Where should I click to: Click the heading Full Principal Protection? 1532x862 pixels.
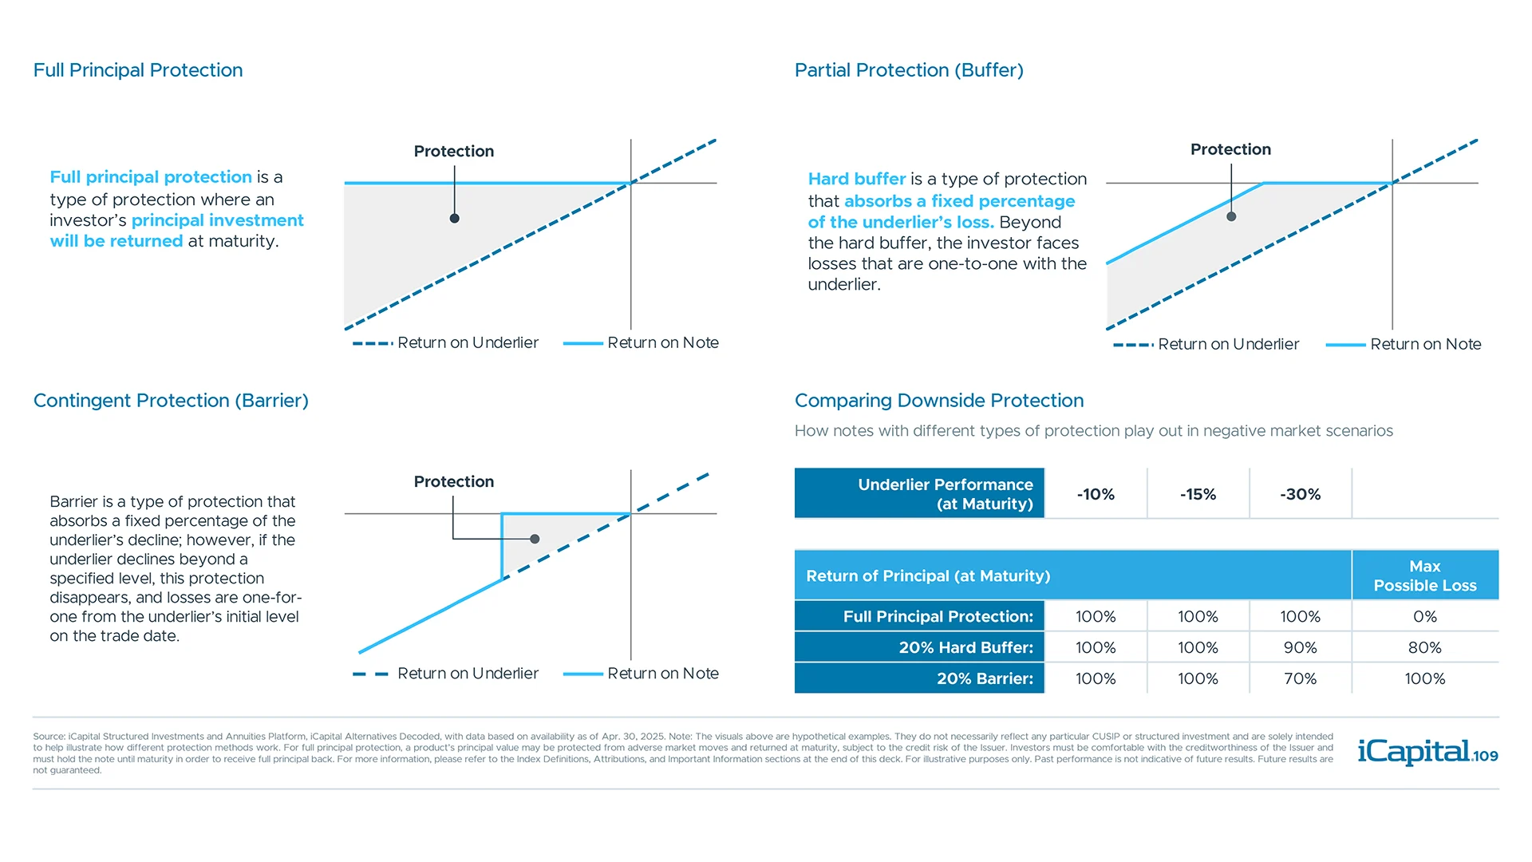click(138, 70)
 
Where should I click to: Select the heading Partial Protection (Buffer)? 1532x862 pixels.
click(909, 70)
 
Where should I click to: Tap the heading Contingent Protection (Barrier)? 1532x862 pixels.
click(171, 401)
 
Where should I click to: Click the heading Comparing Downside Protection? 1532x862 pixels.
click(939, 401)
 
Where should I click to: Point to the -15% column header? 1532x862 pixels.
click(1198, 494)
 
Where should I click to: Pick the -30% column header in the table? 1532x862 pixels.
click(1300, 494)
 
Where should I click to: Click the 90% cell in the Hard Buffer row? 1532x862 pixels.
click(1300, 647)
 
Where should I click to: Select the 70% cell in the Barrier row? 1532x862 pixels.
click(1300, 678)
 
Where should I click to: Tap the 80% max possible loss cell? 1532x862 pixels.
click(1424, 647)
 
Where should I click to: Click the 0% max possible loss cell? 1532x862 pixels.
click(1424, 616)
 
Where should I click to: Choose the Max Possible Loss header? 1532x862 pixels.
click(1424, 575)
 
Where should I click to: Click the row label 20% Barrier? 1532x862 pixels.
click(984, 678)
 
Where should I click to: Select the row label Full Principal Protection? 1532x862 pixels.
click(938, 616)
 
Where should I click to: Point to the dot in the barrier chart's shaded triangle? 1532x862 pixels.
click(535, 539)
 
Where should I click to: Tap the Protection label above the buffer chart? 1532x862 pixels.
click(1230, 149)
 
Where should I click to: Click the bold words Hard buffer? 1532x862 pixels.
click(856, 179)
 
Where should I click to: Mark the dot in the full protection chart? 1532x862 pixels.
click(454, 218)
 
